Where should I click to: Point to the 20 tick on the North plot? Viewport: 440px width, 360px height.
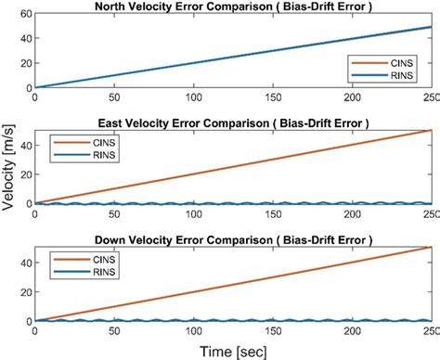(24, 63)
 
